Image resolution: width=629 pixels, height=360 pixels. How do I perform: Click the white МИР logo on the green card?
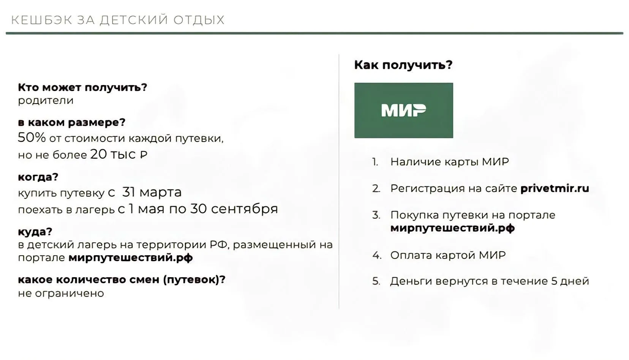coord(403,110)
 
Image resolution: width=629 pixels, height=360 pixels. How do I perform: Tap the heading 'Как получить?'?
coord(403,65)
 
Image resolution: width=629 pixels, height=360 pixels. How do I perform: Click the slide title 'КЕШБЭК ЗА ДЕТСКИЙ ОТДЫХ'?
coord(118,20)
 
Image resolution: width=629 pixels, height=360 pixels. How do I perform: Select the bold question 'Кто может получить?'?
coord(82,88)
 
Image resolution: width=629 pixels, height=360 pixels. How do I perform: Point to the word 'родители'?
coord(46,101)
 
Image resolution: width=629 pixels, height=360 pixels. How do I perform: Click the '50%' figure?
coord(32,137)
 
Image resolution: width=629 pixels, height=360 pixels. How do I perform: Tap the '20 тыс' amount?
coord(113,154)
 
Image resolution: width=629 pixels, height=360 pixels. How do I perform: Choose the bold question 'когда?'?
coord(38,177)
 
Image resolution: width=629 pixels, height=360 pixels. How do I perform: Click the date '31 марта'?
coord(152,193)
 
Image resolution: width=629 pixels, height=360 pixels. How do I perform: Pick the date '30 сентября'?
coord(234,209)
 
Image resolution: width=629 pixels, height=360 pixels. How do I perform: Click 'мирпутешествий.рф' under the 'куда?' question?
coord(131,258)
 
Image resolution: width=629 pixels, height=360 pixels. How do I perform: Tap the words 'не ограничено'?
coord(61,294)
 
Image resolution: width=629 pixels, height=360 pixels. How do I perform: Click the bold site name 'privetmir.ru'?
coord(555,188)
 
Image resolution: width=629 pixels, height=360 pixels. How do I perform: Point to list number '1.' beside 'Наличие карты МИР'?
coord(375,162)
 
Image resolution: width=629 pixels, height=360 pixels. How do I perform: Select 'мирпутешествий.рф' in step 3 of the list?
coord(453,228)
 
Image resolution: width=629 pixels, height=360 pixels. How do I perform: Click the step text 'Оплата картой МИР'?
coord(448,255)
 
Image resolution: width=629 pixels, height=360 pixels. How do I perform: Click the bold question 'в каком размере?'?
coord(72,123)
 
